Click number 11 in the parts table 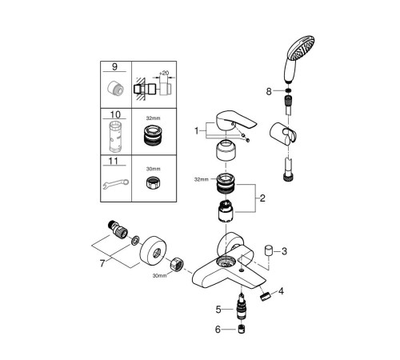point(116,162)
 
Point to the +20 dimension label point(164,72)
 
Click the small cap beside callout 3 point(269,251)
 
